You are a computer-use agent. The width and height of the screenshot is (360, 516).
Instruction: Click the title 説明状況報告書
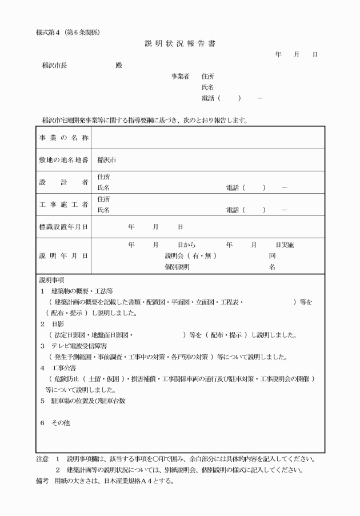180,43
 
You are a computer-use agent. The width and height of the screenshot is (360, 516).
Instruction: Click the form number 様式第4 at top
51,31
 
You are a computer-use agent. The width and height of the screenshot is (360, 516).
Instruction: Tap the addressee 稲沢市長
54,65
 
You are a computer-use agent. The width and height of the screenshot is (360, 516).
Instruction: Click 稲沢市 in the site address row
107,160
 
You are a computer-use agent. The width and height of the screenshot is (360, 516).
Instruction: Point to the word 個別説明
177,266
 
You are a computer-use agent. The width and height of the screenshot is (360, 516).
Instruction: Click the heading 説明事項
51,281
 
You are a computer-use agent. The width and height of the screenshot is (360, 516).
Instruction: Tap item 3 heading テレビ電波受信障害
78,346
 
